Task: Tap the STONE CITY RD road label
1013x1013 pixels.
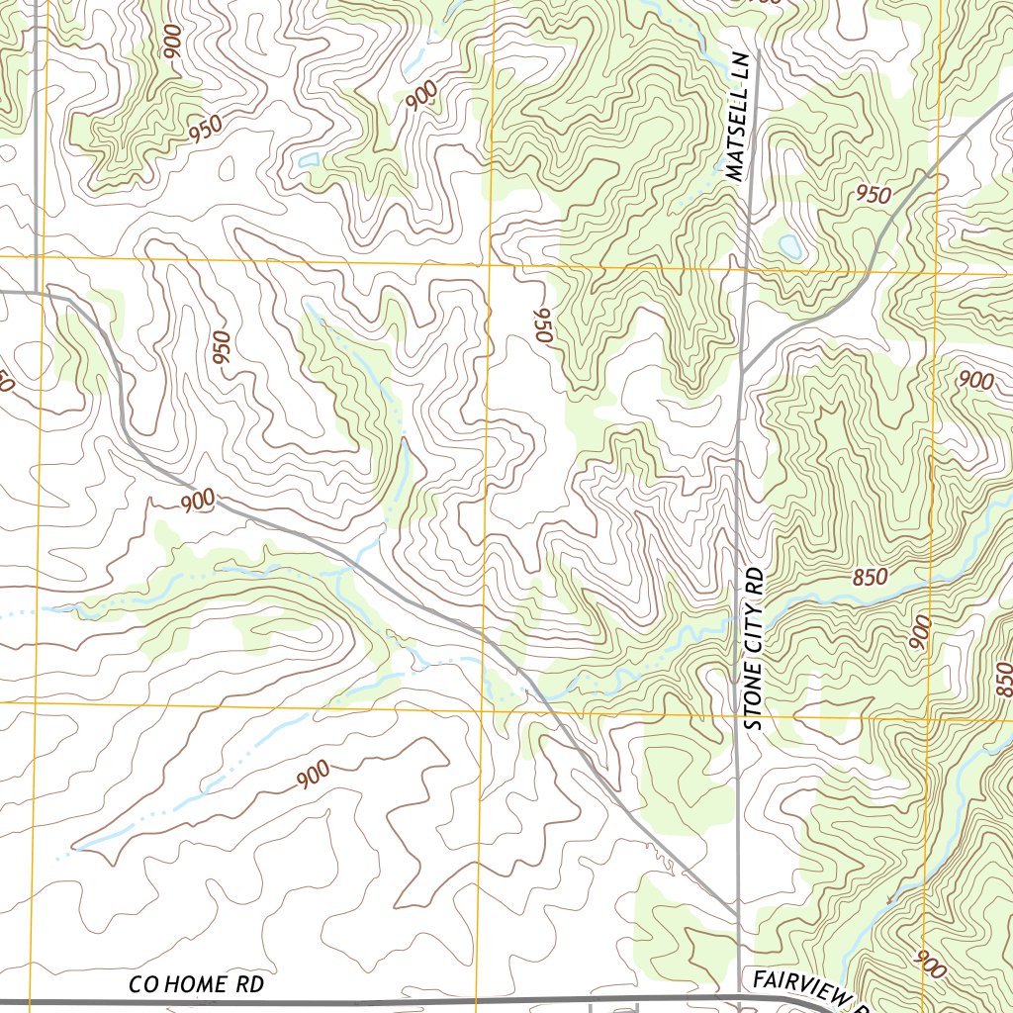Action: pyautogui.click(x=757, y=648)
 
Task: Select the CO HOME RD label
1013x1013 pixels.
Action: pyautogui.click(x=197, y=985)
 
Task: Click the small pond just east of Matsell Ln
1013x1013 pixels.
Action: pyautogui.click(x=789, y=244)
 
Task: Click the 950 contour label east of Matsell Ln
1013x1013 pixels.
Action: pyautogui.click(x=873, y=194)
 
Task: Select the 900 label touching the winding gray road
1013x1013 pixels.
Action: pyautogui.click(x=198, y=502)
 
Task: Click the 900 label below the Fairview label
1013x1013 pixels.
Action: pyautogui.click(x=930, y=965)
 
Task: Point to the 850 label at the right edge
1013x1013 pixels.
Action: pyautogui.click(x=1004, y=679)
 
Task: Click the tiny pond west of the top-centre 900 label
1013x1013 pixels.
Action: pyautogui.click(x=309, y=158)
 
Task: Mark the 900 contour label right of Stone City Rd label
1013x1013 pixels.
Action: pyautogui.click(x=920, y=632)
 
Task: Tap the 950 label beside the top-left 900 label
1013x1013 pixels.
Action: pyautogui.click(x=206, y=129)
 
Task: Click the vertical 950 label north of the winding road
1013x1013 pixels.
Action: pyautogui.click(x=221, y=347)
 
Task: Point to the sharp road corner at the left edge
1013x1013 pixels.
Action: pyautogui.click(x=40, y=292)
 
